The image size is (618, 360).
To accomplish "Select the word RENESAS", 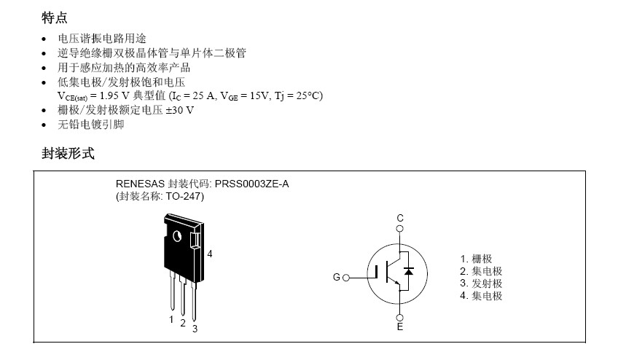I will (x=141, y=184).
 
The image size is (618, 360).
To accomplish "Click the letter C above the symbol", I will (x=400, y=218).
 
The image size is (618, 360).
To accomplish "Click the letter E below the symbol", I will (x=400, y=327).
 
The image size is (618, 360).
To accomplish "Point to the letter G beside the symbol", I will (x=336, y=278).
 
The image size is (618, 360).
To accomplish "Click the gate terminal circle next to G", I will (x=346, y=278).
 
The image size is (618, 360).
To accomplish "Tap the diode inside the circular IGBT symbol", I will (x=409, y=271).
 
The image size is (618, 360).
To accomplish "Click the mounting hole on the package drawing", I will (x=176, y=235).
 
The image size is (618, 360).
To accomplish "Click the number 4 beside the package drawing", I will (x=210, y=254).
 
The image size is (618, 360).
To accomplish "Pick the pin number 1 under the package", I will (x=171, y=318).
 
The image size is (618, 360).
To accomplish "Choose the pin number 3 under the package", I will (x=195, y=329).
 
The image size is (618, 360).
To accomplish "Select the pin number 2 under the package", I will (x=183, y=323).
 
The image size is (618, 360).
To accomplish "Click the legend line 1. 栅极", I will (x=476, y=259).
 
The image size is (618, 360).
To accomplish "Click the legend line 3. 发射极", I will (x=481, y=283).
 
